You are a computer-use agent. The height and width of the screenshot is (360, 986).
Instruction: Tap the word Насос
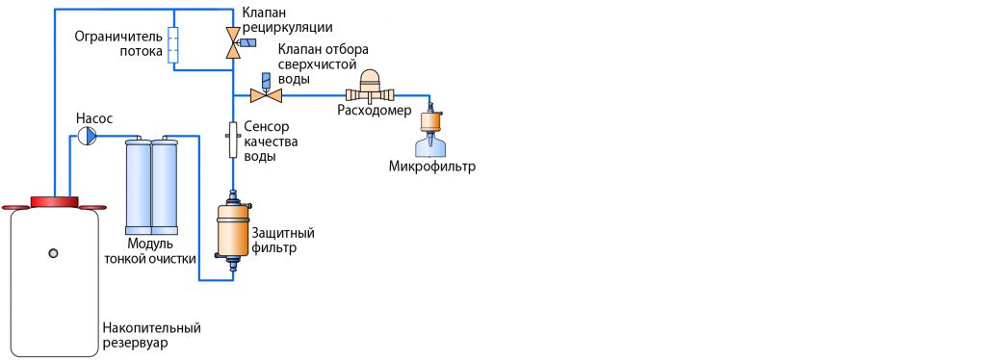tap(94, 118)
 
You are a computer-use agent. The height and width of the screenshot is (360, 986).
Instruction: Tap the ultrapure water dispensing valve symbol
tap(264, 94)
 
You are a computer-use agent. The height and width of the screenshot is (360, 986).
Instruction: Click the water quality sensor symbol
tap(232, 140)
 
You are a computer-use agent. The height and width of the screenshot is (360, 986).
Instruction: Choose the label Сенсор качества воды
tap(272, 141)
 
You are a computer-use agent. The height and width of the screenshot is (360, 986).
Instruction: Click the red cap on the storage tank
tap(54, 201)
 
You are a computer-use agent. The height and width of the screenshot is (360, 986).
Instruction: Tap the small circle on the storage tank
tap(54, 252)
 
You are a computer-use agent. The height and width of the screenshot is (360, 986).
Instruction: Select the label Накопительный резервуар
tap(151, 336)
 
